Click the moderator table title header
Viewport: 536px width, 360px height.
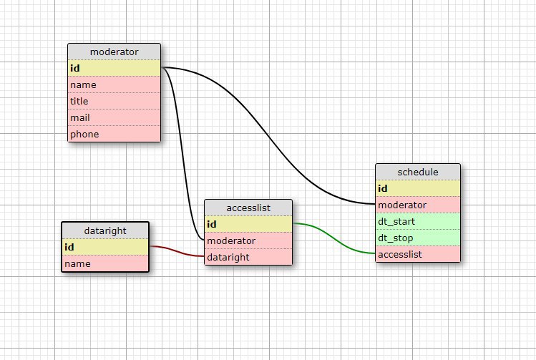(114, 52)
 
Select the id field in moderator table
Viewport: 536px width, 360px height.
(114, 68)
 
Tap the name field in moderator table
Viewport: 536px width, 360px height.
(114, 84)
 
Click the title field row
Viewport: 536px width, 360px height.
(114, 101)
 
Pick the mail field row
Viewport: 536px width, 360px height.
(114, 117)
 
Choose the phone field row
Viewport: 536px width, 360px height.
(114, 134)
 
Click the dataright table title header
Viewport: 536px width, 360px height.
(105, 230)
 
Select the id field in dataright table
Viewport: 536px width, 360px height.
(105, 247)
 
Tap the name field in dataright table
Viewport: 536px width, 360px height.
(105, 263)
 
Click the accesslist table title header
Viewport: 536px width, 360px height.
(248, 208)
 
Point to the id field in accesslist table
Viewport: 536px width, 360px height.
(248, 224)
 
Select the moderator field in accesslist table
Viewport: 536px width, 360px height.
(248, 240)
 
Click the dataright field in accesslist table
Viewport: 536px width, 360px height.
(248, 257)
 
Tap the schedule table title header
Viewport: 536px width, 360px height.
(418, 172)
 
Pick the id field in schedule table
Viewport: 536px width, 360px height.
(418, 188)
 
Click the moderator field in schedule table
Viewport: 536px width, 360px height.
(418, 205)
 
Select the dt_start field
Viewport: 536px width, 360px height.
(418, 221)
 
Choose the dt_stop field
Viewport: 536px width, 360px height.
(418, 238)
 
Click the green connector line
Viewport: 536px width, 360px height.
(334, 238)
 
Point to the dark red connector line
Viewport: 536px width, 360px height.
(177, 251)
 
